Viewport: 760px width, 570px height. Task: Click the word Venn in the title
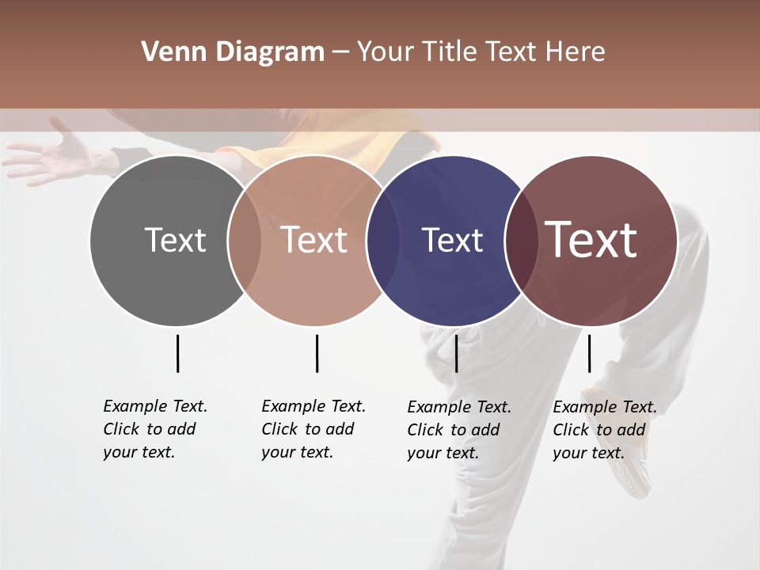tap(164, 52)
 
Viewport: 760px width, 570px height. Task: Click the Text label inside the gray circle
tap(175, 240)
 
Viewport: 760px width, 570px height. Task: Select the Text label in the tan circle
tap(314, 240)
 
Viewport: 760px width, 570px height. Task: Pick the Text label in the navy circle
tap(452, 240)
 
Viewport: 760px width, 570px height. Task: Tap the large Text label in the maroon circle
tap(591, 239)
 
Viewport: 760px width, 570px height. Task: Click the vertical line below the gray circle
tap(177, 353)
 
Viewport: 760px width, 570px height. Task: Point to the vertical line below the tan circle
tap(317, 353)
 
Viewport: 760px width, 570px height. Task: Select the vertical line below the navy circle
tap(456, 353)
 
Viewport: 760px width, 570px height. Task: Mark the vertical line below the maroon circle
tap(589, 353)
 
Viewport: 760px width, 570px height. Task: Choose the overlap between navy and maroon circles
tap(518, 240)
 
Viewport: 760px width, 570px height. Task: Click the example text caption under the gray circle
tap(154, 429)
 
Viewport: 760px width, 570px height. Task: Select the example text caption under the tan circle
tap(313, 429)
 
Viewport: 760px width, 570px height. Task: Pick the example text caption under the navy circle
tap(458, 430)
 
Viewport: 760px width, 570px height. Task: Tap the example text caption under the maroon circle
tap(604, 430)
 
